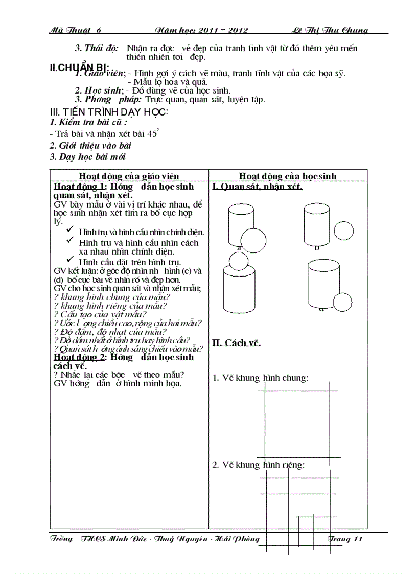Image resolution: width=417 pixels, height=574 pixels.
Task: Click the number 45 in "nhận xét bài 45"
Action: (x=152, y=134)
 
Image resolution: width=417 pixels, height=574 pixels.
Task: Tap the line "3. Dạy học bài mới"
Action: (x=87, y=157)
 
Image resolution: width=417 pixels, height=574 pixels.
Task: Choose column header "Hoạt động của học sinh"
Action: (x=288, y=176)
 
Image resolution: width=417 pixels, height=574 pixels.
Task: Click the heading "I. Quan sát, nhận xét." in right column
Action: (x=257, y=187)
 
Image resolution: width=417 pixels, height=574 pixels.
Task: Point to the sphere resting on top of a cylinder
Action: (x=238, y=261)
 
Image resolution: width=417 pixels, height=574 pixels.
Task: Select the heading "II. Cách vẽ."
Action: (x=237, y=342)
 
